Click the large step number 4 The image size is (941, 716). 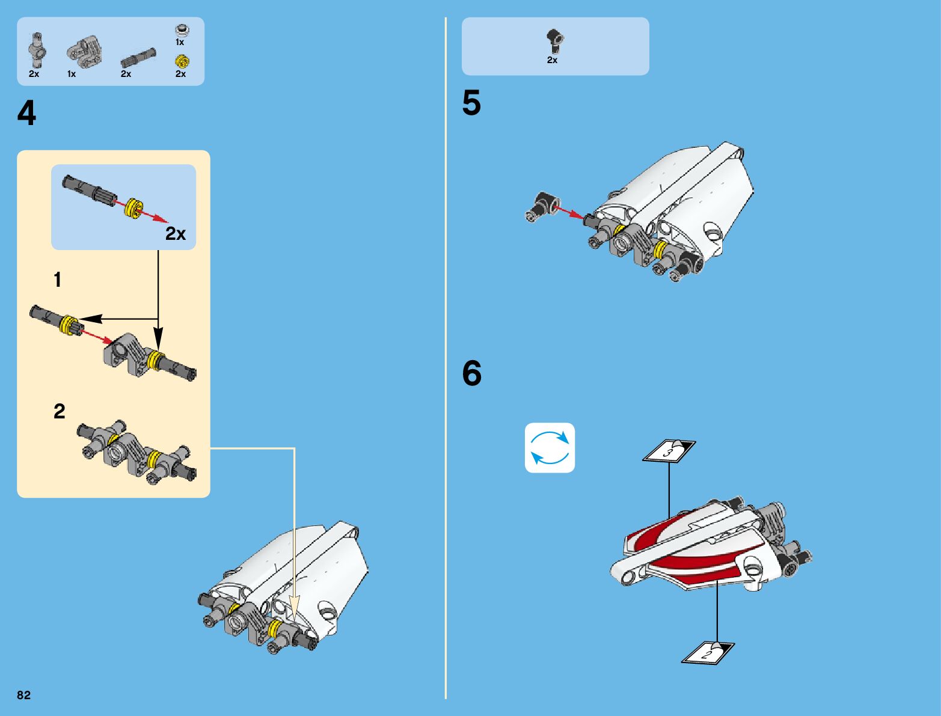(26, 113)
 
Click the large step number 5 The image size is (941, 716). (471, 103)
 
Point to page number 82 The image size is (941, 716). (24, 695)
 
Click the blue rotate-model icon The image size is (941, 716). (550, 448)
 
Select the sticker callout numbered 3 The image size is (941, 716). (669, 451)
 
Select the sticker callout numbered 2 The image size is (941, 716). (708, 653)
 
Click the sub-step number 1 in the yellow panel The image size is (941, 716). (58, 280)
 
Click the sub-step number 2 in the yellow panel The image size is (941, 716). (59, 411)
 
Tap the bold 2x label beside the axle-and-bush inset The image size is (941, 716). (176, 234)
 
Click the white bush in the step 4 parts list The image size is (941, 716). (180, 29)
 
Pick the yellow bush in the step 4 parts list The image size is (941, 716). (181, 61)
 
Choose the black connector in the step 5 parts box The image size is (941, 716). (554, 40)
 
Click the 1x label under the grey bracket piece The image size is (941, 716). (72, 74)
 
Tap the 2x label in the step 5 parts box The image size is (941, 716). (552, 60)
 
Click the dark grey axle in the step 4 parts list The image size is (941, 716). (138, 58)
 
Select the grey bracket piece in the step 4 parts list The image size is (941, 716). (84, 52)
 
